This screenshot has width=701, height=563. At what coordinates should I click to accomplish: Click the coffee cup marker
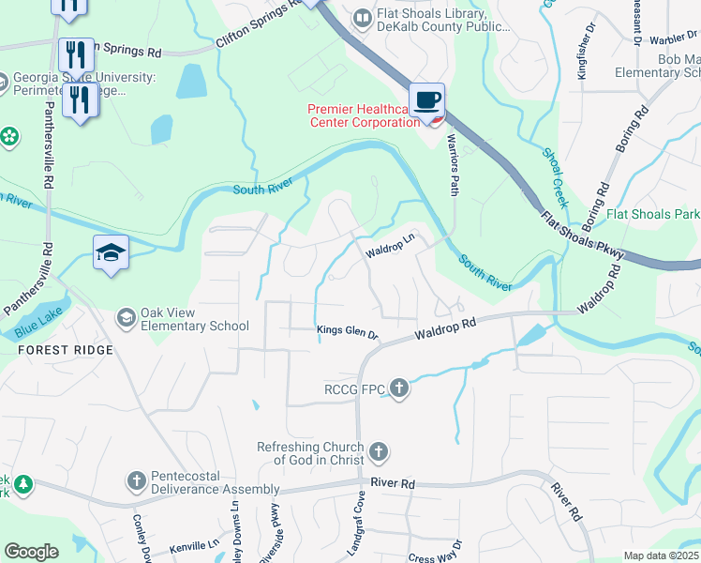pos(427,99)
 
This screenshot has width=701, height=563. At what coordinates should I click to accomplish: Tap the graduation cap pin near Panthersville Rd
pos(111,251)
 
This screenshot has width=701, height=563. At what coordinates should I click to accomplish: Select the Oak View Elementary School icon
pos(126,319)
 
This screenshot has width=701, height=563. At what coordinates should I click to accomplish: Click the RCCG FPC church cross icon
pos(400,388)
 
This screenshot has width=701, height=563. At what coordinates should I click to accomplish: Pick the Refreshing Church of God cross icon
pos(379,453)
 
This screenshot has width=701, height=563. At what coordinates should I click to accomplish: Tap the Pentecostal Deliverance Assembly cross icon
pos(136,482)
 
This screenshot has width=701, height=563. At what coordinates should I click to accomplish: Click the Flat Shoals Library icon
pos(362,17)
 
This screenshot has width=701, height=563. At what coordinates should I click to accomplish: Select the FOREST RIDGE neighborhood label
pos(65,350)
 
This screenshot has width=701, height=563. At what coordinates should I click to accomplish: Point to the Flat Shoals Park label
pos(652,214)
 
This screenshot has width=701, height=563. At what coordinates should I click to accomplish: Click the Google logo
pos(31,552)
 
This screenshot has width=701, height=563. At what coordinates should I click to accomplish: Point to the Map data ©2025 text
pos(661,555)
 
